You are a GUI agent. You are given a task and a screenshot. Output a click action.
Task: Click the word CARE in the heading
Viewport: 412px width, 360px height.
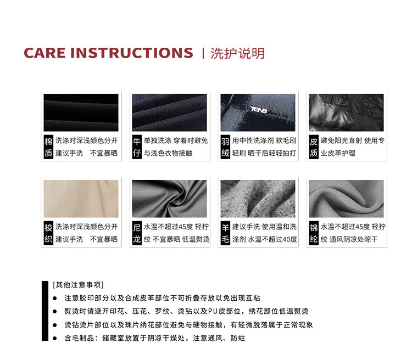point(44,53)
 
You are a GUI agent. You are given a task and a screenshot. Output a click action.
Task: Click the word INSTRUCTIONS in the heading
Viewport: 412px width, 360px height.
point(132,53)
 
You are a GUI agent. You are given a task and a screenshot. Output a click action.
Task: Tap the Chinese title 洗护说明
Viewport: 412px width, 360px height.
point(237,53)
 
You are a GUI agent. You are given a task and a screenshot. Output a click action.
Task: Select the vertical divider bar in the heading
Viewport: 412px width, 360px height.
point(203,53)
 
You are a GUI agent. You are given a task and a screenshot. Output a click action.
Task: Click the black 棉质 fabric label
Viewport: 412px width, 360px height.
point(48,147)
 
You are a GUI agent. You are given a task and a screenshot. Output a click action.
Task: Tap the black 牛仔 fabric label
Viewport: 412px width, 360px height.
point(137,147)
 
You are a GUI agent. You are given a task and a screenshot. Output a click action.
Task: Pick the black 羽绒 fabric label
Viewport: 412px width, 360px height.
point(225,147)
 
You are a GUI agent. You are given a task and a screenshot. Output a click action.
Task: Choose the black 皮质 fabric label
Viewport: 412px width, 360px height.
point(314,147)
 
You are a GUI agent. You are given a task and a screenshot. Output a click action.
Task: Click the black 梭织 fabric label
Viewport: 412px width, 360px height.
point(48,233)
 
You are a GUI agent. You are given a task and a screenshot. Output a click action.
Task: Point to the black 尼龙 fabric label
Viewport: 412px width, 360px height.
point(137,233)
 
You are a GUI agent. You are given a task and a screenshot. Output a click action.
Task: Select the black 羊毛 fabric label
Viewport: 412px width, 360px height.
point(225,233)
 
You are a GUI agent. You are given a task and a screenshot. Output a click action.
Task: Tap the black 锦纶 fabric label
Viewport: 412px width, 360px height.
point(314,233)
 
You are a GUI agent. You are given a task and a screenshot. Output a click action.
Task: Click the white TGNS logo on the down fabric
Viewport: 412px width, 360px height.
point(259,110)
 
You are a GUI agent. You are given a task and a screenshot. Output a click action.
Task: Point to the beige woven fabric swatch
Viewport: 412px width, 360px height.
point(81,199)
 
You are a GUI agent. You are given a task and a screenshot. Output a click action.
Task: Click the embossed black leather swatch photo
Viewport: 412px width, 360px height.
point(346,113)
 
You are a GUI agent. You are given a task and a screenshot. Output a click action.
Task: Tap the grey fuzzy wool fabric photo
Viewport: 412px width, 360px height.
point(258,199)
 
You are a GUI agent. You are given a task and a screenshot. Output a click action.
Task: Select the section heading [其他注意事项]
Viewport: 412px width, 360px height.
point(78,285)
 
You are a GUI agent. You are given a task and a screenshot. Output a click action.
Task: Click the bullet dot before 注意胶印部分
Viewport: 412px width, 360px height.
point(54,298)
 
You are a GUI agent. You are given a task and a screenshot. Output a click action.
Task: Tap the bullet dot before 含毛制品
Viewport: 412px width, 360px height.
point(54,338)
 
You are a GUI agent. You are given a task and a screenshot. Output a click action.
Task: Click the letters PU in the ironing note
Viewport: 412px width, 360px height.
point(213,311)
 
